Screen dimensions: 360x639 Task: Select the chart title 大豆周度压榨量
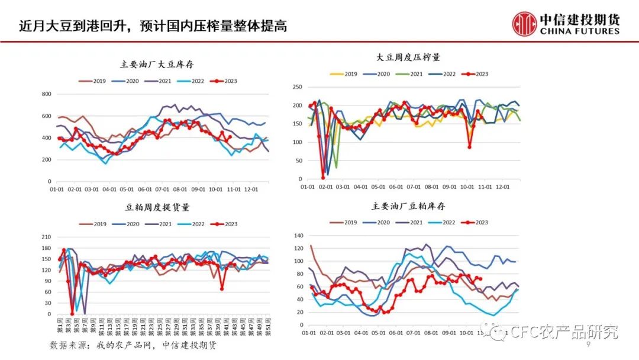[408, 57]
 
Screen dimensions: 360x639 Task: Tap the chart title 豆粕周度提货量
[157, 208]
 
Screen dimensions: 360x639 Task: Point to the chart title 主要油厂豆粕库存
[408, 206]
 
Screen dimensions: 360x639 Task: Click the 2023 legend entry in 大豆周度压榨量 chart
[477, 74]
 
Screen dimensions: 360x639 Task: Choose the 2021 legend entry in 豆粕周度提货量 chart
[159, 224]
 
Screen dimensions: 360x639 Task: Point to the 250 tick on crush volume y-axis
[299, 86]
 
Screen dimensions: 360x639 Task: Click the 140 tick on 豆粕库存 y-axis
[299, 235]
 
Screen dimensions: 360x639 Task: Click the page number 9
[588, 345]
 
